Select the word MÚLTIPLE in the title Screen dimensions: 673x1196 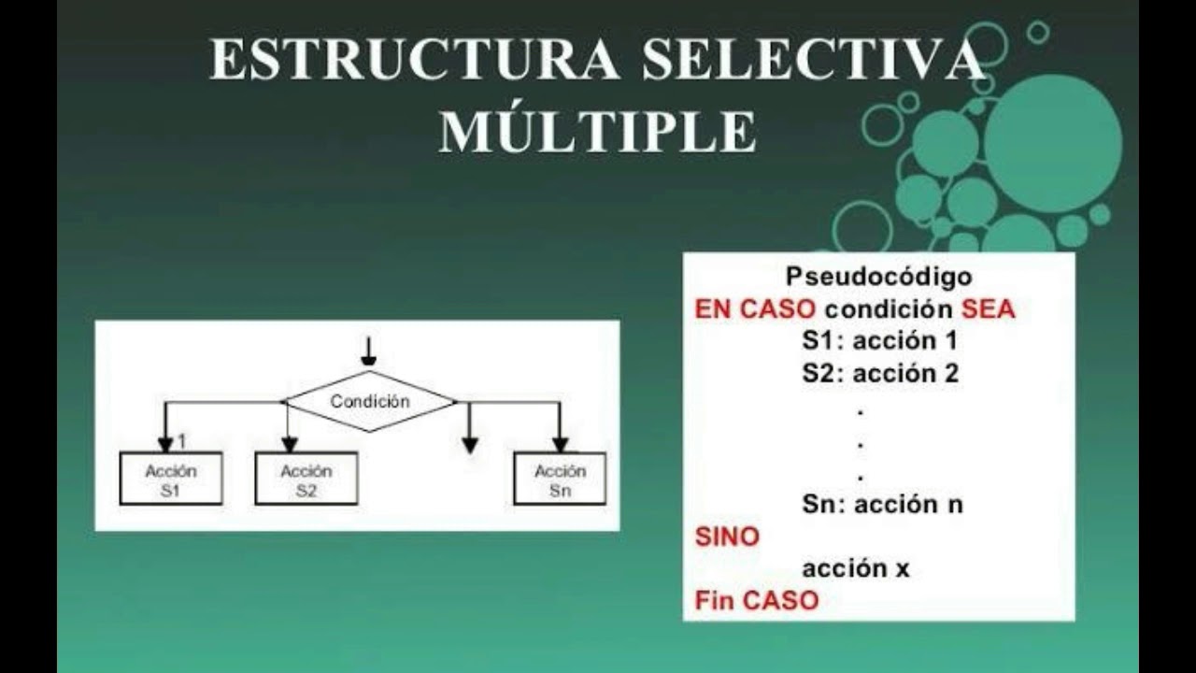click(598, 132)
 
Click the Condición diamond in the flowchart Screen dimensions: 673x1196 click(370, 402)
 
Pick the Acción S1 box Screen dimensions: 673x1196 click(171, 480)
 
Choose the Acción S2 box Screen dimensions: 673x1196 click(306, 480)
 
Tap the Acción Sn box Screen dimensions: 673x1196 click(560, 480)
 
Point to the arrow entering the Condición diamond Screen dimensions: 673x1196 click(369, 351)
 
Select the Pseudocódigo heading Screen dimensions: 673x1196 click(878, 277)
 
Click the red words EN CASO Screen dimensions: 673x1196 click(755, 309)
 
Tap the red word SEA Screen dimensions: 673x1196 click(988, 309)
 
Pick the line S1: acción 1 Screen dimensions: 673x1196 click(879, 341)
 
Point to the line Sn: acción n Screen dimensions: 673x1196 click(882, 505)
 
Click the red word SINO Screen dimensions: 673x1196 click(728, 537)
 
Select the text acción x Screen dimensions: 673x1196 click(855, 568)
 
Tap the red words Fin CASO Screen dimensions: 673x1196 click(757, 600)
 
